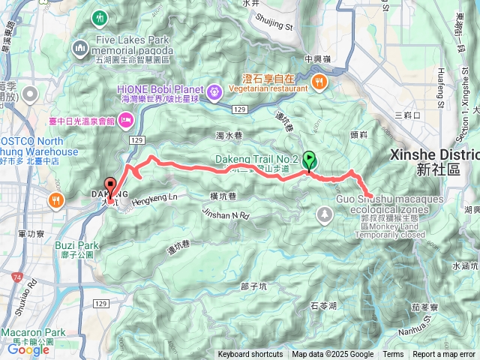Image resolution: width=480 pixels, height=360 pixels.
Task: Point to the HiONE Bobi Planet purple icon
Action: [214, 91]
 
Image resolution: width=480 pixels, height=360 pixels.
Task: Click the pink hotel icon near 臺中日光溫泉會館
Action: [125, 120]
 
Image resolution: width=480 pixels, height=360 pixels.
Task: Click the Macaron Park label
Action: [34, 331]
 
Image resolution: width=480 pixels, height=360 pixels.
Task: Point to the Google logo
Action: [28, 349]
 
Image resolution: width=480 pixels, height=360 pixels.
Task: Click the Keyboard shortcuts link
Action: [250, 355]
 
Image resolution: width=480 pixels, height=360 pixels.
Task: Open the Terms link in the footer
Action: [393, 355]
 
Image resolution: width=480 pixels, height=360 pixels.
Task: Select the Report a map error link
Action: [444, 355]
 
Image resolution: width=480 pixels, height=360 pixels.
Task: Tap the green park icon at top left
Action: [100, 16]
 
